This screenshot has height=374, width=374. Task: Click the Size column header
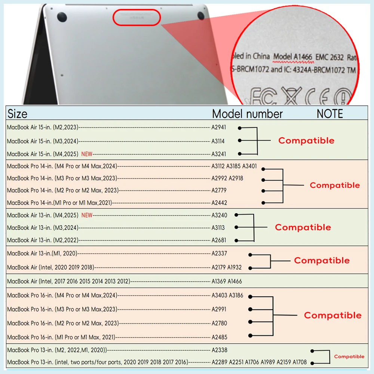coord(17,113)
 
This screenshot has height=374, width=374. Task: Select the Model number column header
coord(247,114)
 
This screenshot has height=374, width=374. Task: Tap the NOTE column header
coord(329,114)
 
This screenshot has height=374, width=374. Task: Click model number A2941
coord(219,128)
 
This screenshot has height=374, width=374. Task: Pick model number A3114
coord(218,141)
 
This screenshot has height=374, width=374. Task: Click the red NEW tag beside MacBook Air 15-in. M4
coord(87,154)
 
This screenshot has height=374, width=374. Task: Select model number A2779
coord(219,190)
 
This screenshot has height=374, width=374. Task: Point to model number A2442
coord(219,203)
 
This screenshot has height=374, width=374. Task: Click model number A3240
coord(219,215)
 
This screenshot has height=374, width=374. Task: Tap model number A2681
coord(219,240)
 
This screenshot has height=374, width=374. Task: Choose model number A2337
coord(219,254)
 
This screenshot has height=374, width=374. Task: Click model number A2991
coord(219,309)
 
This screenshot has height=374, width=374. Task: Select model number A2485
coord(219,337)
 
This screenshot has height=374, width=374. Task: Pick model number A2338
coord(219,350)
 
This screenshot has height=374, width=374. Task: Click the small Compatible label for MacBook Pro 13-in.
coord(349,356)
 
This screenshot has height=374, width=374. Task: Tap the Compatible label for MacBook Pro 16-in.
coord(332,315)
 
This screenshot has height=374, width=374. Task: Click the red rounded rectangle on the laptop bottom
coord(137,18)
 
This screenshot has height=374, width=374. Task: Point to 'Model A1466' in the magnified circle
coord(293,57)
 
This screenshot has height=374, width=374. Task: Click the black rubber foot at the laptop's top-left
coord(61,16)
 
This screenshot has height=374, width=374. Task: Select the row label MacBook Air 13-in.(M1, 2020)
coord(42,254)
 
